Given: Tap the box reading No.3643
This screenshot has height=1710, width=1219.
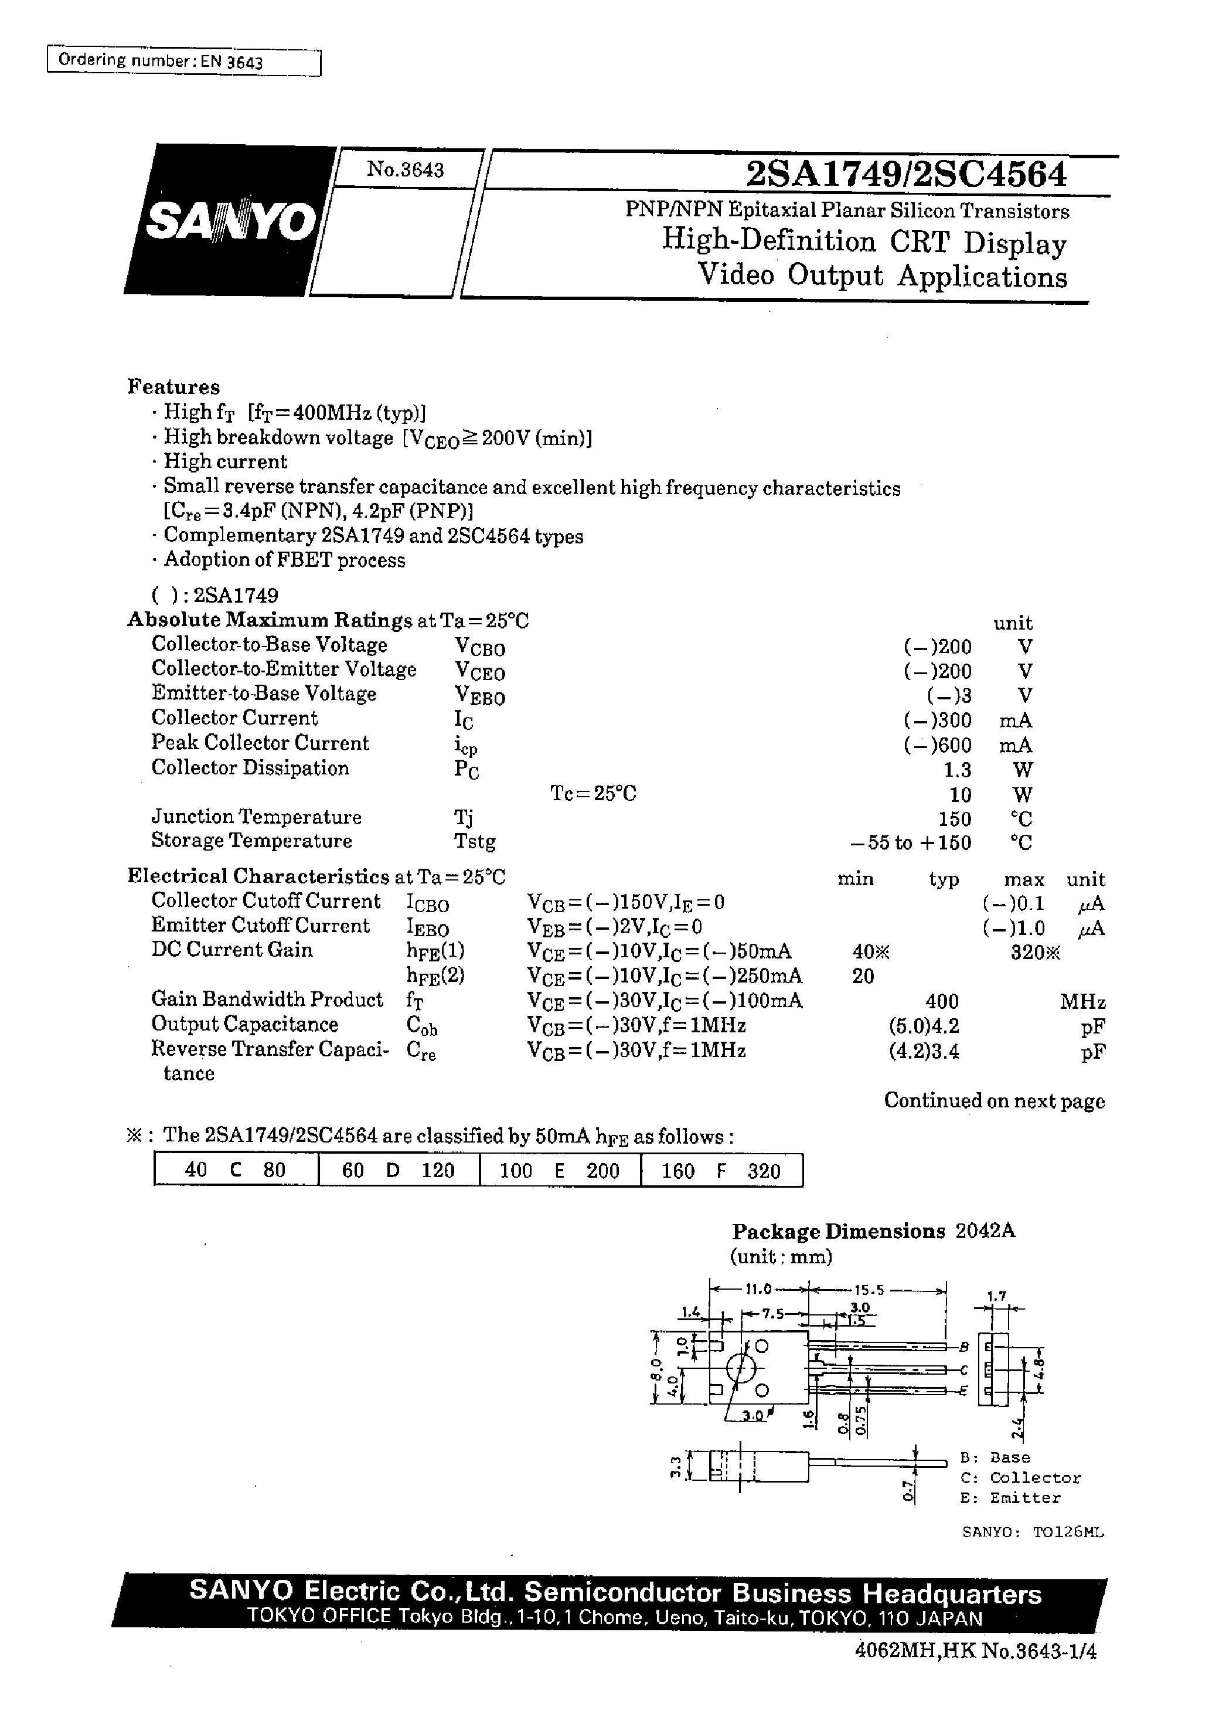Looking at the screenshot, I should (x=406, y=169).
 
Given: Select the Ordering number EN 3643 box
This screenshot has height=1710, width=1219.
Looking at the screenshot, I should (x=183, y=62).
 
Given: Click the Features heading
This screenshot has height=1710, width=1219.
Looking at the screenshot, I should (x=173, y=386).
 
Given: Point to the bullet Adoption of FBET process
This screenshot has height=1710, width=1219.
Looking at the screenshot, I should (x=284, y=560).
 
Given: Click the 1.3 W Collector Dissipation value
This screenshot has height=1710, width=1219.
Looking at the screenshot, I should (x=957, y=770).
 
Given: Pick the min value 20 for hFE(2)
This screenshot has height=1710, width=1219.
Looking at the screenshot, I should (x=863, y=977).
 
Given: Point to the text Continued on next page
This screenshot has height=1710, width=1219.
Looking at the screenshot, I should (x=994, y=1102).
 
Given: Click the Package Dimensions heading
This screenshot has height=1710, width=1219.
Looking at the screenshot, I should (x=839, y=1232).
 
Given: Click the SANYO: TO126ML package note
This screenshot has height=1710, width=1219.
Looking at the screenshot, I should (x=1033, y=1532).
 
